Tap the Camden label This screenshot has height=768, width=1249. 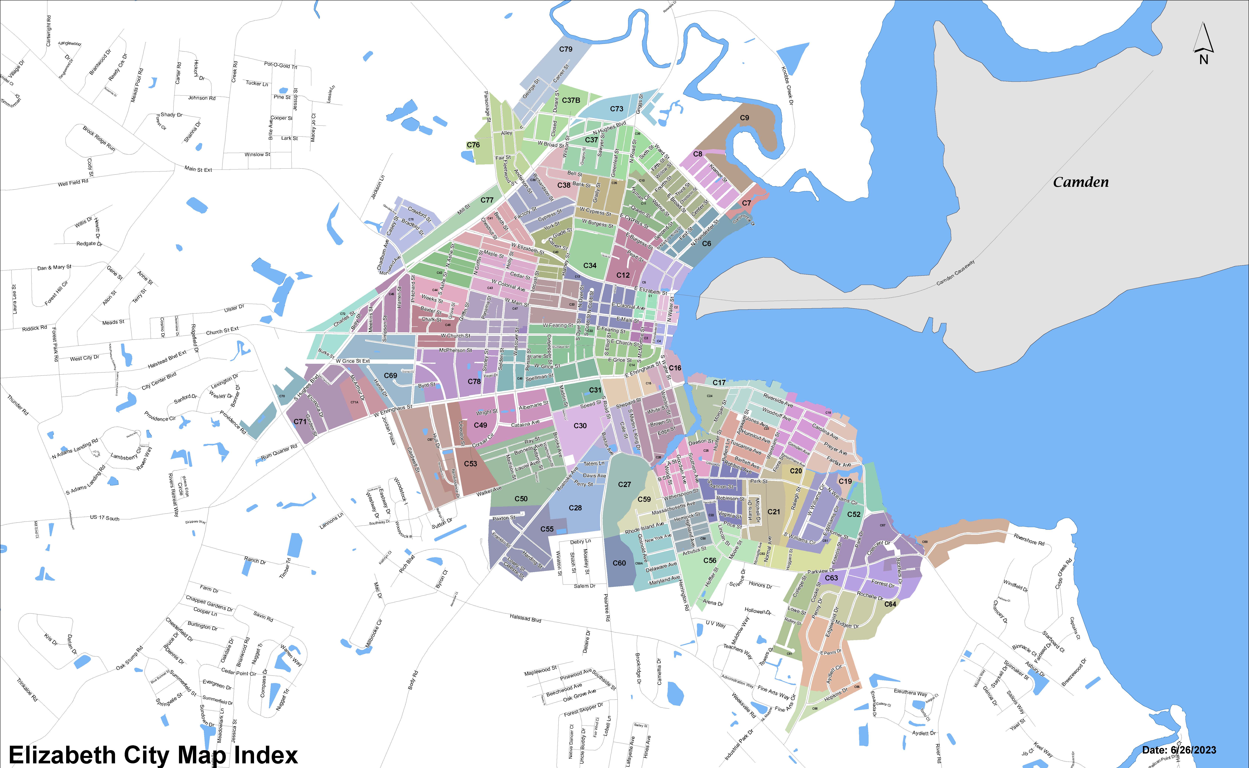tap(1080, 182)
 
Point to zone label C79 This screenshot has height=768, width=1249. tap(566, 49)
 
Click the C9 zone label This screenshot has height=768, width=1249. tap(744, 118)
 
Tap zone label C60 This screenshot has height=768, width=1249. tap(619, 563)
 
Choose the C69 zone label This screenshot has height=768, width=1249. tap(390, 375)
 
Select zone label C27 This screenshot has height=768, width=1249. tap(624, 485)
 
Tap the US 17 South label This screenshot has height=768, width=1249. tap(105, 518)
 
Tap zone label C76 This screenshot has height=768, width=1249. tap(473, 145)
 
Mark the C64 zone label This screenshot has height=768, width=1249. tap(890, 604)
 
